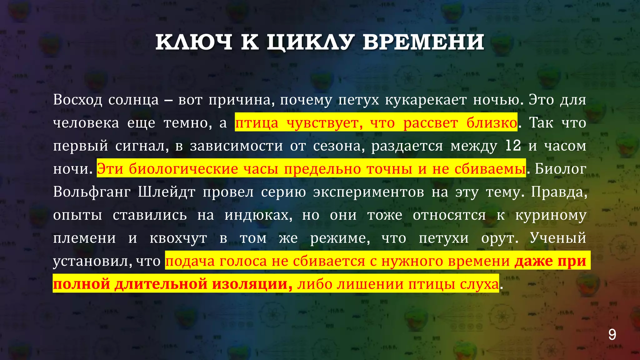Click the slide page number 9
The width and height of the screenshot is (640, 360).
tap(612, 335)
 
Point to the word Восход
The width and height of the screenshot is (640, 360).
tap(77, 100)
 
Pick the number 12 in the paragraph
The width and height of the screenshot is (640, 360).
tap(513, 146)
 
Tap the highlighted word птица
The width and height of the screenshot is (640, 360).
tap(256, 123)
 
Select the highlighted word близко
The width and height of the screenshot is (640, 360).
tap(492, 123)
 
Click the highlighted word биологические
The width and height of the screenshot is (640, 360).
tap(183, 169)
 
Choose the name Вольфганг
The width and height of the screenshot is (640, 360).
tap(92, 192)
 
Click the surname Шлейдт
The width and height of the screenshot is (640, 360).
tap(167, 192)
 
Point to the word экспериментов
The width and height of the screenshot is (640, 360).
tap(369, 192)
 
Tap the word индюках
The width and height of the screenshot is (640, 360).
tap(258, 215)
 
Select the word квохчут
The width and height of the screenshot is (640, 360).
tap(178, 238)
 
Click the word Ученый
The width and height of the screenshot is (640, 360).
tap(558, 238)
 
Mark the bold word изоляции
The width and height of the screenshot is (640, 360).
tap(252, 284)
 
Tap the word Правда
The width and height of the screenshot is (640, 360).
tap(559, 192)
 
